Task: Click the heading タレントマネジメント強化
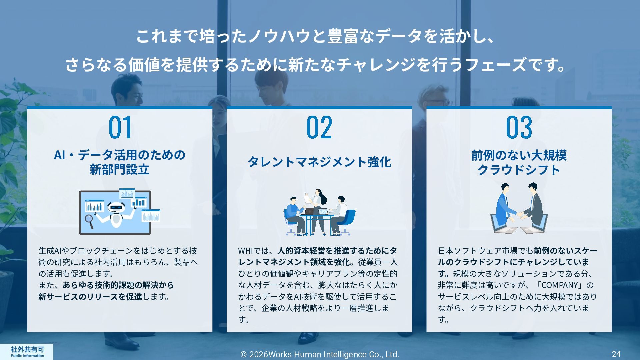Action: pos(319,162)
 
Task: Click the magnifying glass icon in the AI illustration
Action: pos(89,221)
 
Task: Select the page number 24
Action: pos(616,354)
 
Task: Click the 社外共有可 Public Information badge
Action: pos(27,351)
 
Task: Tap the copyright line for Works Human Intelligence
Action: pos(320,354)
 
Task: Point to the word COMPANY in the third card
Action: pos(560,285)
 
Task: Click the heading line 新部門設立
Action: pos(119,170)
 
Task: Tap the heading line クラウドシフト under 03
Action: pos(519,170)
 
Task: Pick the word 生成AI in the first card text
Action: pos(50,251)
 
